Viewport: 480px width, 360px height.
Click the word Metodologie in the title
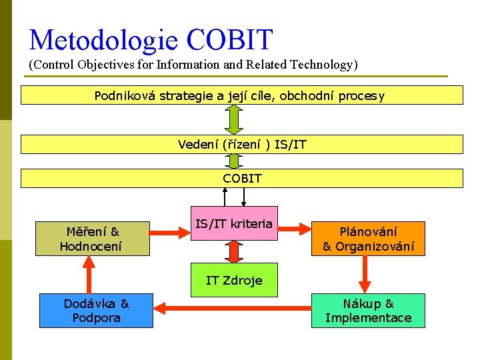click(x=104, y=40)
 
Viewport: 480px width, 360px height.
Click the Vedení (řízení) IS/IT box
click(x=241, y=144)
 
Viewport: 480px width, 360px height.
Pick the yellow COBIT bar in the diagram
click(x=241, y=178)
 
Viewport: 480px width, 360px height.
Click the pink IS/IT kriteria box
click(x=233, y=223)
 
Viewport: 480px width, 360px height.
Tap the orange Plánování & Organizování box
click(x=368, y=239)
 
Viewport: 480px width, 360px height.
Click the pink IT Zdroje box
click(x=233, y=280)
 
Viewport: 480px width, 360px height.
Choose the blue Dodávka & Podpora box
click(x=96, y=311)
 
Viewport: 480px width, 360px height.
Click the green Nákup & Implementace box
click(x=368, y=311)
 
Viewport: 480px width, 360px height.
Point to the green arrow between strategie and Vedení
click(x=233, y=120)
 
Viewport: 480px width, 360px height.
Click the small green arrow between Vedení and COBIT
click(x=233, y=161)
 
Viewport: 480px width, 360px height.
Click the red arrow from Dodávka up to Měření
click(x=86, y=274)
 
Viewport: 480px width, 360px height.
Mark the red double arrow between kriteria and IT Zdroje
click(x=233, y=251)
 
